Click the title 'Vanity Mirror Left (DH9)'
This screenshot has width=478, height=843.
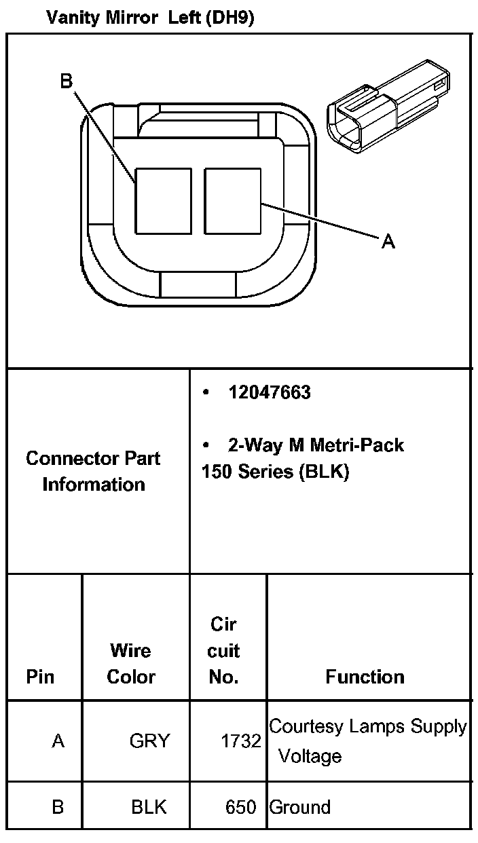click(x=150, y=18)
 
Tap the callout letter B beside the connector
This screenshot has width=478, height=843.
click(x=67, y=81)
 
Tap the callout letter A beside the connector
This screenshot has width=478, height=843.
click(x=388, y=241)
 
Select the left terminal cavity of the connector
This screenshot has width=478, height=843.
click(x=164, y=201)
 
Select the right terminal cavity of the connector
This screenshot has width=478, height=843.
click(x=233, y=201)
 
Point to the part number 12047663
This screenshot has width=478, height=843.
click(x=270, y=392)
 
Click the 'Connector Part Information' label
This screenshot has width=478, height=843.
click(x=93, y=471)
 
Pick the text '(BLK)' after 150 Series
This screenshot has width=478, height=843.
click(x=324, y=471)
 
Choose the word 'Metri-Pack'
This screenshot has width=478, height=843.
click(x=357, y=445)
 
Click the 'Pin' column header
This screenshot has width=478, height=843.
click(x=40, y=677)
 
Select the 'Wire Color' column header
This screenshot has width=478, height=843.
click(x=131, y=664)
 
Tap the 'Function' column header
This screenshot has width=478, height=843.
click(x=365, y=677)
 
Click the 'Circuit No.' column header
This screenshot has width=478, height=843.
click(x=223, y=651)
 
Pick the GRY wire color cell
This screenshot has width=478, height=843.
click(x=150, y=741)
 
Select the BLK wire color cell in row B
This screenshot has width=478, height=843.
click(x=149, y=807)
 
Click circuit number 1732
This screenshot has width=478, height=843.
click(x=241, y=741)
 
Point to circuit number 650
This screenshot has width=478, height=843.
click(x=241, y=807)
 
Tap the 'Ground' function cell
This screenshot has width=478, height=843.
click(x=300, y=807)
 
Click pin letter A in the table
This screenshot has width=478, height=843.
click(x=58, y=741)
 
